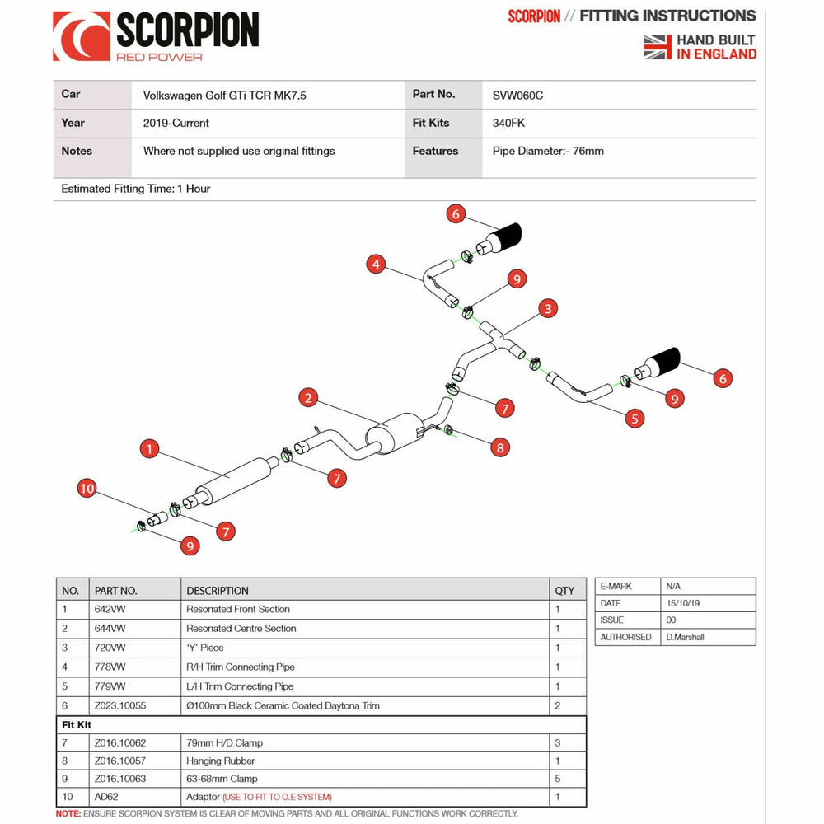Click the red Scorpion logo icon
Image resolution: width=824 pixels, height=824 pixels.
coord(81,36)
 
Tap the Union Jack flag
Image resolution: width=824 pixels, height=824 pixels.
coord(658,47)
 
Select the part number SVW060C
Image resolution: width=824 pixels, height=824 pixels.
coord(517,96)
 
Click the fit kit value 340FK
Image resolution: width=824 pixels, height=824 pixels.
coord(508,124)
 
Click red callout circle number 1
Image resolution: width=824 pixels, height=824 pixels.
coord(148,449)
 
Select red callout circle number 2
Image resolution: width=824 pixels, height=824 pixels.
coord(308,398)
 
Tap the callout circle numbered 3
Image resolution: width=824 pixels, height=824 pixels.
coord(548,309)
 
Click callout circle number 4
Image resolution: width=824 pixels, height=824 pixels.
coord(376,265)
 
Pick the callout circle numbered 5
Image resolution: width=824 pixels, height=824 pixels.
coord(634,419)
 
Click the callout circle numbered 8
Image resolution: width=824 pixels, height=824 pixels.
coord(499,447)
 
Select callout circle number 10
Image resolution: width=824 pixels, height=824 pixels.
coord(87,489)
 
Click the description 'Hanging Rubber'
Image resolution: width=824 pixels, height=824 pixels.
coord(221,761)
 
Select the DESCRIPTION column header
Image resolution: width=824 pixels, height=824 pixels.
coord(218,591)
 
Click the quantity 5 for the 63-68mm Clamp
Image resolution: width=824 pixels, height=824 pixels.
coord(558,779)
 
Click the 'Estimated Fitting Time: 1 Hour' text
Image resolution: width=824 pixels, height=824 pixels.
coord(136,190)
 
